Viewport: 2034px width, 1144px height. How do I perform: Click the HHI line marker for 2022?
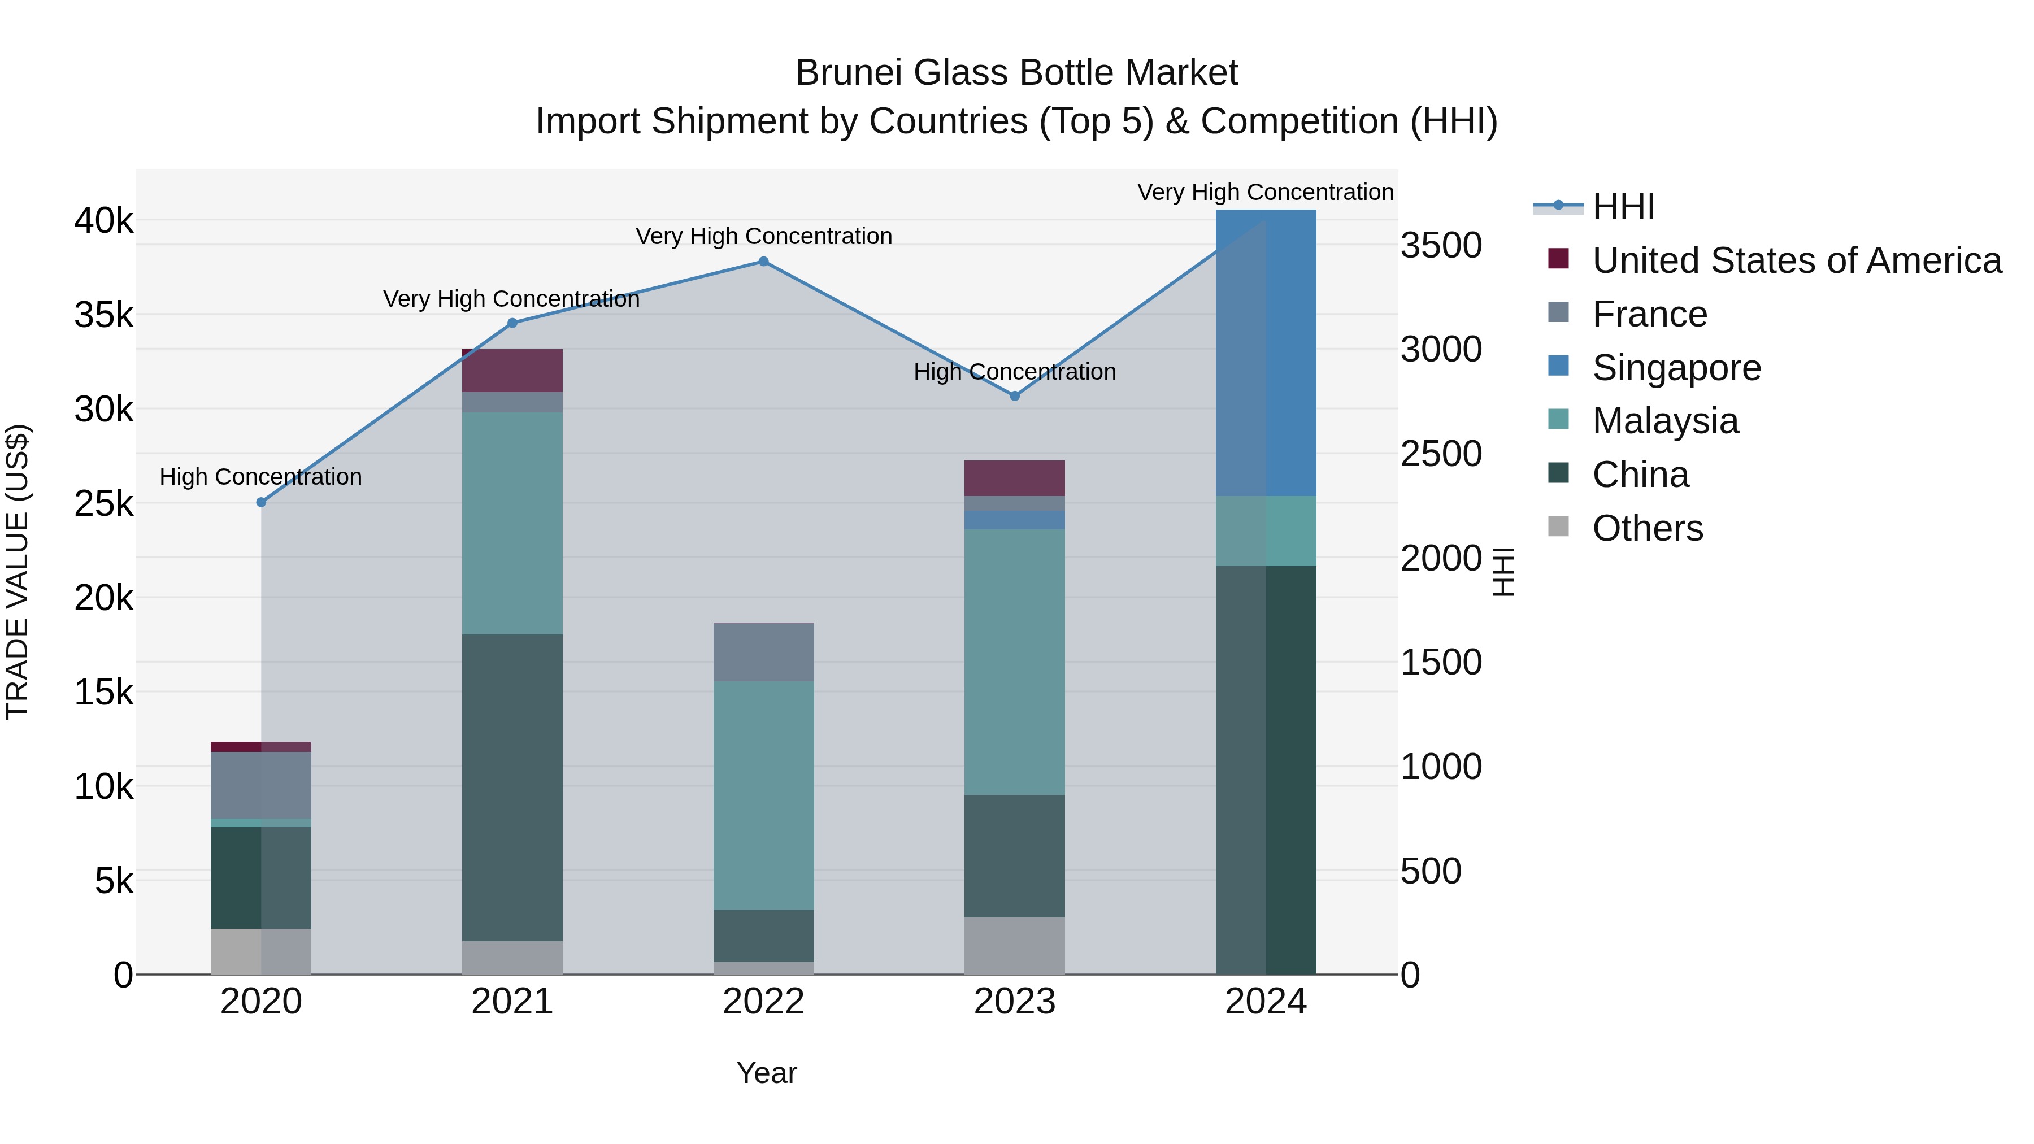pyautogui.click(x=763, y=262)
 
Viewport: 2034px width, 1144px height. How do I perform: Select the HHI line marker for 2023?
pyautogui.click(x=1015, y=395)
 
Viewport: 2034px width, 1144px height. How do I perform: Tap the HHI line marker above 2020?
pyautogui.click(x=262, y=502)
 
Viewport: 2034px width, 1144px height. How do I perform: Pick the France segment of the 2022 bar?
pyautogui.click(x=763, y=652)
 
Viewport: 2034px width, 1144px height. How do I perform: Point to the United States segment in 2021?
pyautogui.click(x=512, y=370)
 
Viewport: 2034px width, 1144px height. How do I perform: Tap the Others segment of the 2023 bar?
pyautogui.click(x=1015, y=945)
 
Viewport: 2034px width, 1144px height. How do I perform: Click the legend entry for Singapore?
pyautogui.click(x=1676, y=368)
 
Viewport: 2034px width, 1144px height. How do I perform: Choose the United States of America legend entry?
pyautogui.click(x=1796, y=260)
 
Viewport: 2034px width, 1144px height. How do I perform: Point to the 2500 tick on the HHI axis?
pyautogui.click(x=1441, y=454)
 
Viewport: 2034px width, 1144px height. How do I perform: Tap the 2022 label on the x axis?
pyautogui.click(x=763, y=1002)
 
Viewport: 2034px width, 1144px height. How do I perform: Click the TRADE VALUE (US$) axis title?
pyautogui.click(x=18, y=572)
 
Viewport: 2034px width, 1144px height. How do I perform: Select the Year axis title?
pyautogui.click(x=767, y=1073)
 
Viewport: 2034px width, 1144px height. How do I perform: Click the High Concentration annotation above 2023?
pyautogui.click(x=1015, y=372)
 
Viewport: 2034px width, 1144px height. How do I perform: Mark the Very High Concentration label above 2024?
pyautogui.click(x=1265, y=192)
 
